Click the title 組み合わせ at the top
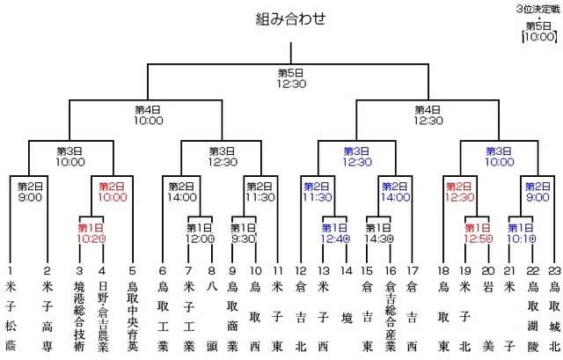[290, 18]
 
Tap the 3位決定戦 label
[537, 9]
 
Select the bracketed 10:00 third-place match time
[539, 37]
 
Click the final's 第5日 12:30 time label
[291, 78]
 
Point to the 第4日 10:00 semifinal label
[148, 115]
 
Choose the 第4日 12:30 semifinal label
[428, 115]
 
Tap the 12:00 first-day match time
[200, 239]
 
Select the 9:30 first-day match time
[244, 239]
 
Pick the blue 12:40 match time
[334, 239]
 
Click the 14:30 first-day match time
[379, 239]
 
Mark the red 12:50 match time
[478, 239]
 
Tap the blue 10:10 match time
[522, 239]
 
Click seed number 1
[10, 270]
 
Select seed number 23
[554, 270]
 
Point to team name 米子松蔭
[11, 316]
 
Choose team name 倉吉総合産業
[391, 316]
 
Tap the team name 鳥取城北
[555, 316]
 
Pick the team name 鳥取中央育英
[133, 316]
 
